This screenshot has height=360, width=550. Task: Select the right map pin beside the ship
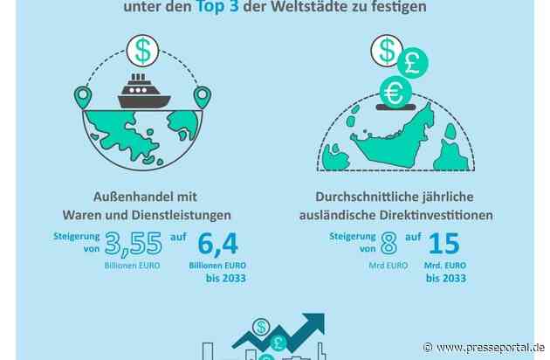pos(203,96)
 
